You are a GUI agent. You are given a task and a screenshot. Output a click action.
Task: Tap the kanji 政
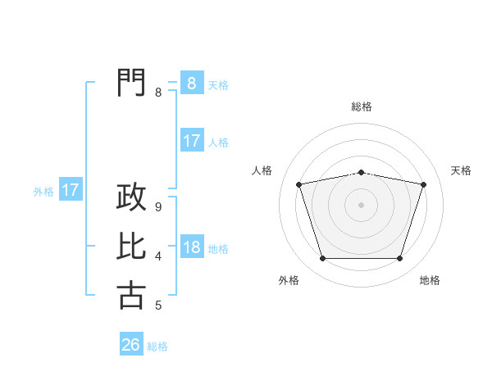[x=131, y=197]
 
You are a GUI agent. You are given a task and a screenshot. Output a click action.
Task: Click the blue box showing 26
[x=131, y=345]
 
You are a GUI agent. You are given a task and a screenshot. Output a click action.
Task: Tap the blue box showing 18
[x=191, y=248]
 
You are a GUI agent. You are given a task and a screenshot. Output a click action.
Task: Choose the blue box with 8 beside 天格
[x=191, y=84]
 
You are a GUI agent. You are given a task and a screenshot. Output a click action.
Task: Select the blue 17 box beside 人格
[x=191, y=141]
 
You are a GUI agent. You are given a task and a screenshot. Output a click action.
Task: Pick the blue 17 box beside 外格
[x=71, y=191]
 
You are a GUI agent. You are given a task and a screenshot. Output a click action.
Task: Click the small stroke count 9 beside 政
[x=158, y=208]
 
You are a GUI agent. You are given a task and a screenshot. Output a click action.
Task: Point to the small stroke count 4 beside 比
[x=158, y=257]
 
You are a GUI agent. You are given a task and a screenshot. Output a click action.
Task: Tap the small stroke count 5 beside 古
[x=158, y=306]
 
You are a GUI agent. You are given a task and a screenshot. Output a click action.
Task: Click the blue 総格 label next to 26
[x=157, y=346]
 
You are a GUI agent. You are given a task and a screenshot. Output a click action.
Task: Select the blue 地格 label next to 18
[x=218, y=249]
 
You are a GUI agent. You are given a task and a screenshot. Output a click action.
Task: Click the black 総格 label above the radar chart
[x=361, y=106]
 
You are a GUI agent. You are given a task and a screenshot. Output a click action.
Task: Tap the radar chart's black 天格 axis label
[x=461, y=170]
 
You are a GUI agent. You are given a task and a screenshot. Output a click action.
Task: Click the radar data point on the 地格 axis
[x=399, y=259]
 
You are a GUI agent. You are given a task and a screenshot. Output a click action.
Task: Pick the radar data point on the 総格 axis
[x=361, y=172]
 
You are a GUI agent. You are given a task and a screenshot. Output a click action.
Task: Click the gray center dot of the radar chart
[x=361, y=205]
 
